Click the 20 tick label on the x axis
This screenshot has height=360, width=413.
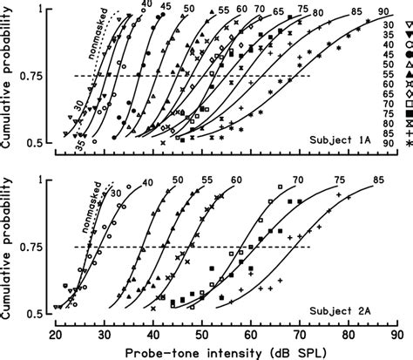coord(57,334)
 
